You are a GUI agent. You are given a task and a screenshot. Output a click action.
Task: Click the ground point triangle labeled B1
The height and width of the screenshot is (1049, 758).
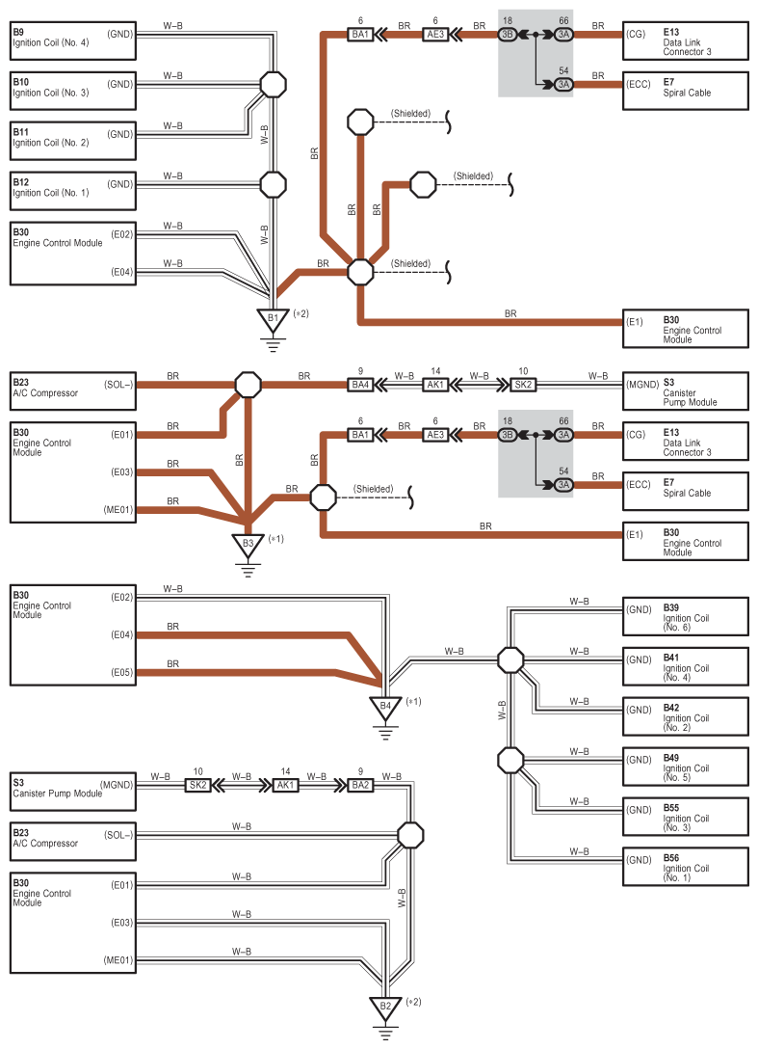[x=273, y=320]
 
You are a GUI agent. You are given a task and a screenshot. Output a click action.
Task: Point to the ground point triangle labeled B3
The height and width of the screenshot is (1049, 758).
[x=248, y=545]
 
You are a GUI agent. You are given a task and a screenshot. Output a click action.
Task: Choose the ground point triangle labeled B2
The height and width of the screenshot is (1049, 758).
[x=385, y=1008]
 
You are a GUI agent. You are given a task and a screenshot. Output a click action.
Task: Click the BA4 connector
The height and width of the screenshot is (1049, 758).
[x=360, y=385]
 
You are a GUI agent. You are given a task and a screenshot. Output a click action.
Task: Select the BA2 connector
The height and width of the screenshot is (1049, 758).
[x=360, y=785]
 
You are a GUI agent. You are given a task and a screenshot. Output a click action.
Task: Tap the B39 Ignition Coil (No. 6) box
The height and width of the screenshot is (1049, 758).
[x=685, y=616]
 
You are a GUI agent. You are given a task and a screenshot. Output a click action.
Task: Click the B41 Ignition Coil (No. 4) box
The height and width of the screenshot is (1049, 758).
[x=685, y=666]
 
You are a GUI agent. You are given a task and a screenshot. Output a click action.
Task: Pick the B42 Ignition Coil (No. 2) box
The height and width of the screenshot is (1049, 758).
[x=685, y=716]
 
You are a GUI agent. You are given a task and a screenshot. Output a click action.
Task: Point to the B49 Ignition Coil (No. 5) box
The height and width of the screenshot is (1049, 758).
[x=685, y=767]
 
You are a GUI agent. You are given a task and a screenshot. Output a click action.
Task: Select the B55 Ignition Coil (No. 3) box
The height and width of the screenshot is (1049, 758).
[x=685, y=817]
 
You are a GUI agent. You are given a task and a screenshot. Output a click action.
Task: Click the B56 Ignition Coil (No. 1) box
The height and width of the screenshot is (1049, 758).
[x=685, y=867]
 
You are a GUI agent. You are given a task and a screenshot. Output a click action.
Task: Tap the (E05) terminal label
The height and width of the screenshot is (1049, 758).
[x=121, y=672]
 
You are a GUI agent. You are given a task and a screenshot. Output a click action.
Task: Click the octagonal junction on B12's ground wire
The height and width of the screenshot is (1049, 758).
[x=273, y=184]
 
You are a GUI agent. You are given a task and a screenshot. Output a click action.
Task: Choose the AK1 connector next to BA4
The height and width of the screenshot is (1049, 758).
[x=435, y=385]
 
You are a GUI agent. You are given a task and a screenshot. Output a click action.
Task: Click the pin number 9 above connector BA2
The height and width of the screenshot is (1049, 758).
[x=360, y=771]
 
